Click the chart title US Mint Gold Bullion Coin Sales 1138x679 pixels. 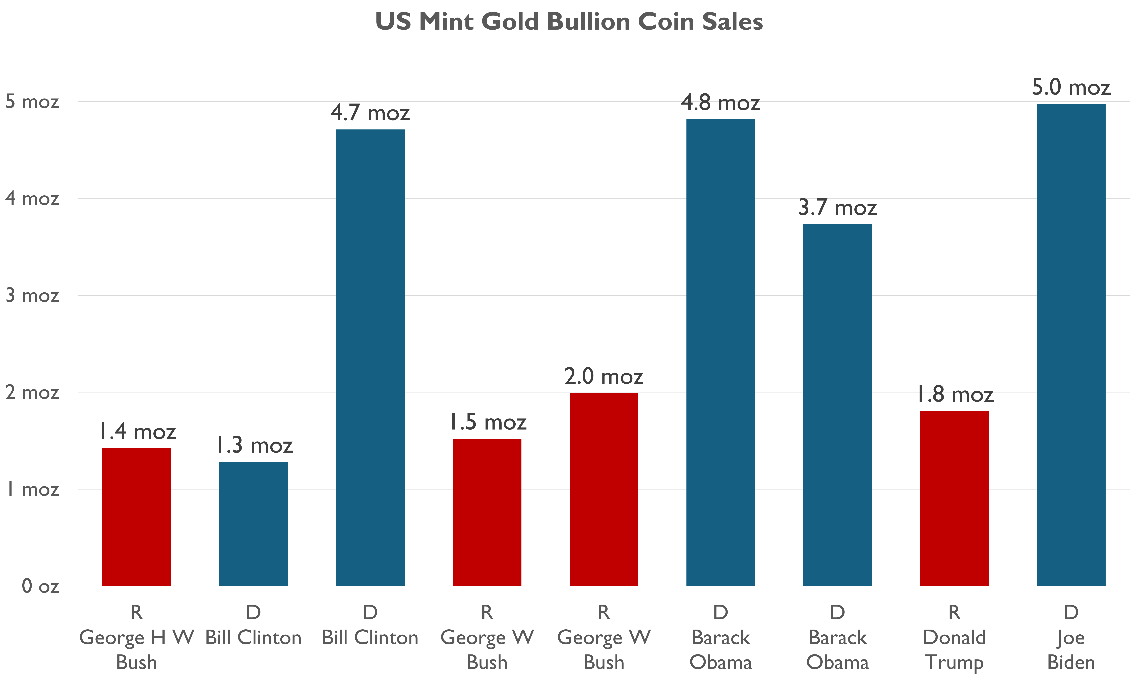[569, 22]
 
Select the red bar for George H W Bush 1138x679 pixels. [137, 517]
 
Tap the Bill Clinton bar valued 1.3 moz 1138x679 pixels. [253, 524]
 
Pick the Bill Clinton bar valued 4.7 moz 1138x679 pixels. [370, 357]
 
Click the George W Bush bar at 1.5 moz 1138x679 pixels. [487, 513]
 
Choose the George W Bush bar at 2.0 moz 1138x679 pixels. [604, 490]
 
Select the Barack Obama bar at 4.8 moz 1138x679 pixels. [720, 352]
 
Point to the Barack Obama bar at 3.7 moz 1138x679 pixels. [837, 405]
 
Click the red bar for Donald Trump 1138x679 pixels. [954, 499]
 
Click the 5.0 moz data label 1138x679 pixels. [1071, 87]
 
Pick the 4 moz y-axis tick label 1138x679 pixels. [32, 199]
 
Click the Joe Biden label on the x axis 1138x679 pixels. [1071, 650]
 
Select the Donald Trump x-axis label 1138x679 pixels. [954, 650]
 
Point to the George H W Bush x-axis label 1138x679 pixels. [137, 650]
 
